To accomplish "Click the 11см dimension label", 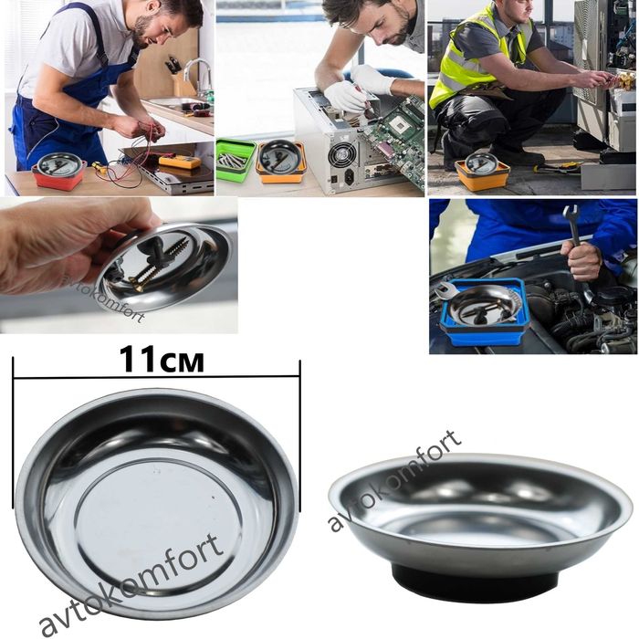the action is pyautogui.click(x=162, y=359).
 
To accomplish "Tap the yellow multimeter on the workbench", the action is pyautogui.click(x=180, y=162).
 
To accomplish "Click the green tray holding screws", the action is pyautogui.click(x=236, y=159).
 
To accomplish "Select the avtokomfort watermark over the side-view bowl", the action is pyautogui.click(x=394, y=481).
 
